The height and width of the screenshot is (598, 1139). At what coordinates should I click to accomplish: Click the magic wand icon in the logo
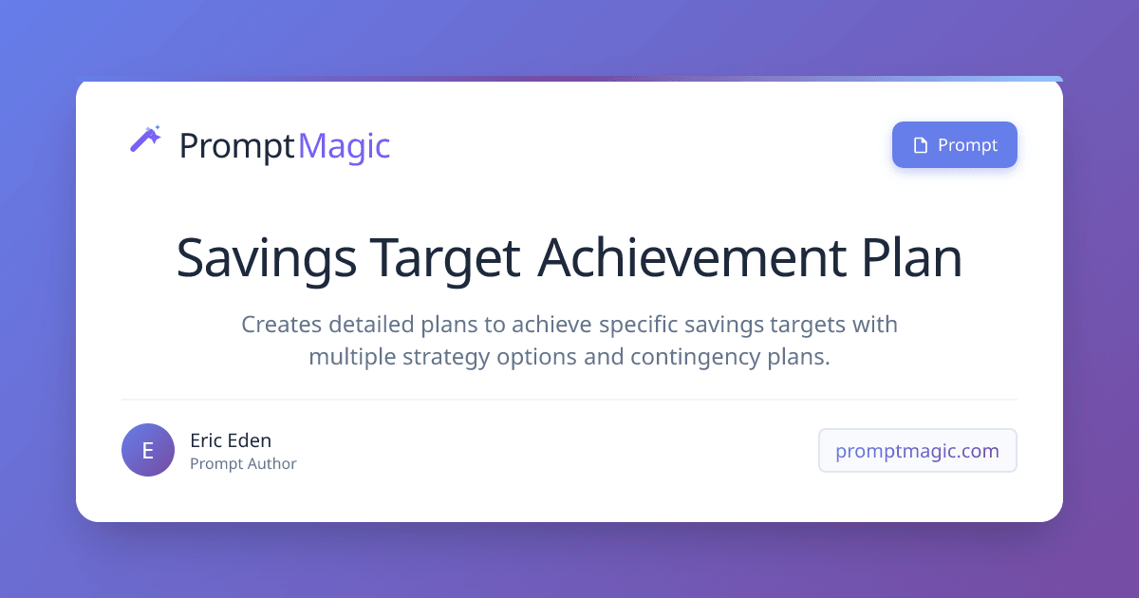coord(145,140)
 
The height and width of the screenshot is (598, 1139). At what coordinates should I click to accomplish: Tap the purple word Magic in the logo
coord(344,146)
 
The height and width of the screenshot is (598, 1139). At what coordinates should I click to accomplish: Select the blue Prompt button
coord(954,145)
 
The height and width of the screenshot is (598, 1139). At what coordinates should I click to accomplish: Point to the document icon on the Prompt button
coord(919,145)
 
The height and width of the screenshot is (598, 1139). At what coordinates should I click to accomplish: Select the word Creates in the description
coord(281,325)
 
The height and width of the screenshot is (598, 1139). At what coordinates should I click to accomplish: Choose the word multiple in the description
coord(353,358)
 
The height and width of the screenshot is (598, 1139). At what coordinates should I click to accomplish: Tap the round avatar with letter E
coord(148,450)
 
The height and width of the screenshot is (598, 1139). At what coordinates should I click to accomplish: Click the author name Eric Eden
coord(231,440)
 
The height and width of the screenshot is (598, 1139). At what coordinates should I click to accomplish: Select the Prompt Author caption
coord(243,464)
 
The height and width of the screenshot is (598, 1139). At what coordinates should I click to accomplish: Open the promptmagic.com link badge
coord(917,451)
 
